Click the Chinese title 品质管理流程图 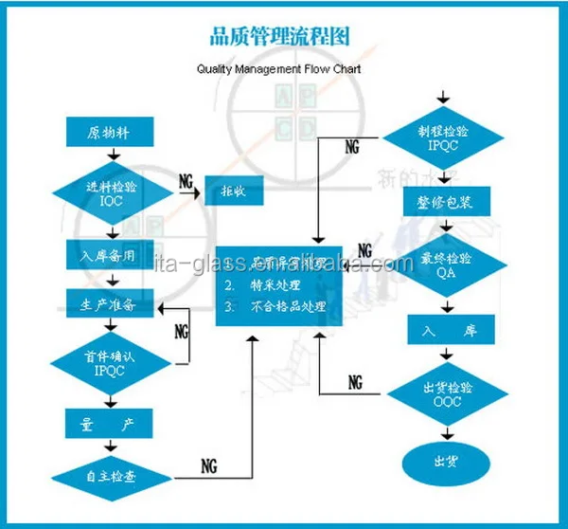click(x=279, y=37)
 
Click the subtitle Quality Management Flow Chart click(x=279, y=69)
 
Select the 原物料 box click(x=107, y=132)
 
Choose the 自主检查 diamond click(x=111, y=476)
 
